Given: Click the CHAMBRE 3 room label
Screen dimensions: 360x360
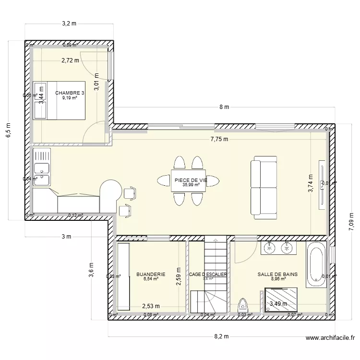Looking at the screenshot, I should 70,93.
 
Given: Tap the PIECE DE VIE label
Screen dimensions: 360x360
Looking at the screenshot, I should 190,180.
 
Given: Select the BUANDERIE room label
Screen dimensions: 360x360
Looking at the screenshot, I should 151,275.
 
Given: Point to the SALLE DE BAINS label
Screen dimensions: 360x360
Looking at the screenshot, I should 277,275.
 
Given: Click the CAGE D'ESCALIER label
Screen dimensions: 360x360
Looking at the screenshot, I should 208,275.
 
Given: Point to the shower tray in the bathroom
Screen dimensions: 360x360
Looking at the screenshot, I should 281,301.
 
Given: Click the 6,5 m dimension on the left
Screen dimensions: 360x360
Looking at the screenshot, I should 8,130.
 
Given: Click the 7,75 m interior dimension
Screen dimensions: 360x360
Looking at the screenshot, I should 219,139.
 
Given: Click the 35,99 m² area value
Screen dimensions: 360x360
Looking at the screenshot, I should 190,184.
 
